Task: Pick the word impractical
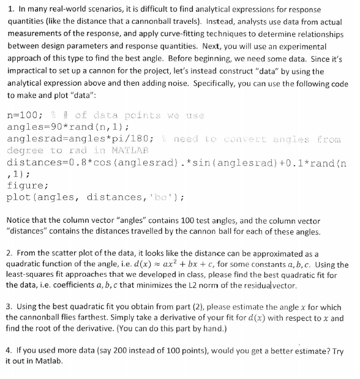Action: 29,72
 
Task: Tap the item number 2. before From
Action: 10,253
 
